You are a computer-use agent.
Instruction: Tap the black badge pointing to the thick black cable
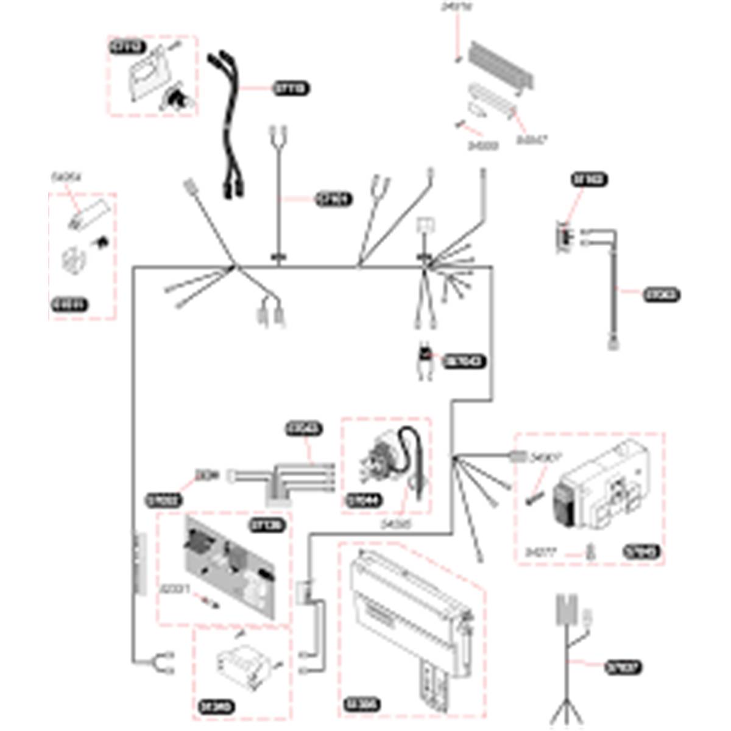point(291,89)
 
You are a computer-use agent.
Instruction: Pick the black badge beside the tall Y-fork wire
point(334,199)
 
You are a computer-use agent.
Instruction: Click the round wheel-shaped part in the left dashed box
point(74,260)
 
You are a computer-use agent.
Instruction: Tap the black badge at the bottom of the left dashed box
point(69,305)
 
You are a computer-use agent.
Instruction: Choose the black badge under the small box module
point(217,708)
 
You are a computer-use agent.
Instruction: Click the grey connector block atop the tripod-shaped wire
point(567,609)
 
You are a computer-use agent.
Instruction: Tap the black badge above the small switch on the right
point(589,180)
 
